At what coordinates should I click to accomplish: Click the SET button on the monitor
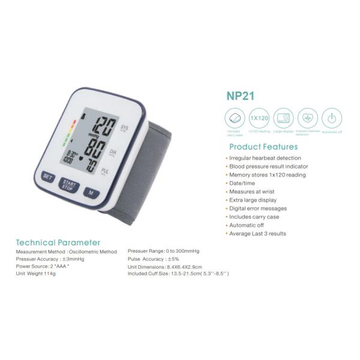[47, 177]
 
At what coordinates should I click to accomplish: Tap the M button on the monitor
[90, 193]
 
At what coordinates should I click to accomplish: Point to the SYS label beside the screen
[125, 128]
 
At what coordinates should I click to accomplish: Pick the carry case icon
[235, 118]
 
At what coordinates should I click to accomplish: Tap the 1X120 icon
[259, 118]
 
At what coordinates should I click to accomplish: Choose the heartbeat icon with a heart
[307, 118]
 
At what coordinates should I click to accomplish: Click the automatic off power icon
[331, 118]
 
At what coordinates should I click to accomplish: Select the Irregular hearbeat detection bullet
[265, 158]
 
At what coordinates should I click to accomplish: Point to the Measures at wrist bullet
[252, 191]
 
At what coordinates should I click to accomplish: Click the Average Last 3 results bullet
[257, 233]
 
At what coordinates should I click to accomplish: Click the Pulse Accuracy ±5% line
[153, 259]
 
